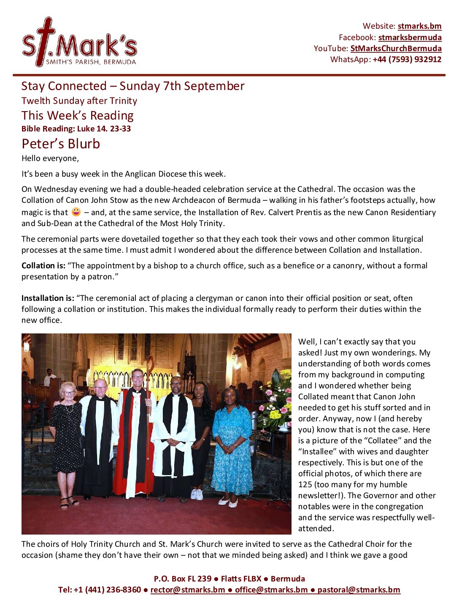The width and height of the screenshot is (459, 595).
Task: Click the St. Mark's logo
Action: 79,43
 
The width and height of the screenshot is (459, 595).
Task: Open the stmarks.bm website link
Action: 419,26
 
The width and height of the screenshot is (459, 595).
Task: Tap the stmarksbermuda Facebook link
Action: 410,37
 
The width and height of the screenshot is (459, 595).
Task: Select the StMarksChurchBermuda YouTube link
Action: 396,48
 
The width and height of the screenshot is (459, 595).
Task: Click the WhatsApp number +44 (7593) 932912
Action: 407,59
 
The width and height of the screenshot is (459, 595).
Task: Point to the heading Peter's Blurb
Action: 61,144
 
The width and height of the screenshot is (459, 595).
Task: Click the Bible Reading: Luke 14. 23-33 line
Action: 76,129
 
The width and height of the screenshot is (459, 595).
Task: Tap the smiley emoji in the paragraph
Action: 76,212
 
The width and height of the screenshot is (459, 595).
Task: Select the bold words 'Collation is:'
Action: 43,265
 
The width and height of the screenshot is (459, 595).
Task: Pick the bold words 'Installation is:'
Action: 48,298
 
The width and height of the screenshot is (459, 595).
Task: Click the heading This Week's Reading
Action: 78,115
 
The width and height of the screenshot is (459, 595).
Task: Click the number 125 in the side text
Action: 305,484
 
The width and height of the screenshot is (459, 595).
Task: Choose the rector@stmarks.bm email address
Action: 188,590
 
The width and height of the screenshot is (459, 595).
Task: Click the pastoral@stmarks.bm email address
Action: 359,590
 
